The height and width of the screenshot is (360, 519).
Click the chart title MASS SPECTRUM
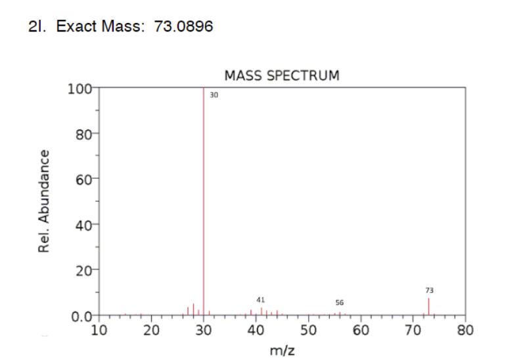point(282,75)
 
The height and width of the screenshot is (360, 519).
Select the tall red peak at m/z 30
point(204,197)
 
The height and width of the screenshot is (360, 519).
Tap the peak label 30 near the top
point(214,95)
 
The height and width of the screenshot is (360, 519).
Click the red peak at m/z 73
point(429,307)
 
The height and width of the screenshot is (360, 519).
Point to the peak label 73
point(430,290)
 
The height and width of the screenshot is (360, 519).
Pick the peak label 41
point(261,299)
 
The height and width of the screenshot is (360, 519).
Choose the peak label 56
point(340,303)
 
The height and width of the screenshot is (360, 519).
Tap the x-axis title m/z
point(282,349)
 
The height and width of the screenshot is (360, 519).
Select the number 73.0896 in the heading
point(183,26)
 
